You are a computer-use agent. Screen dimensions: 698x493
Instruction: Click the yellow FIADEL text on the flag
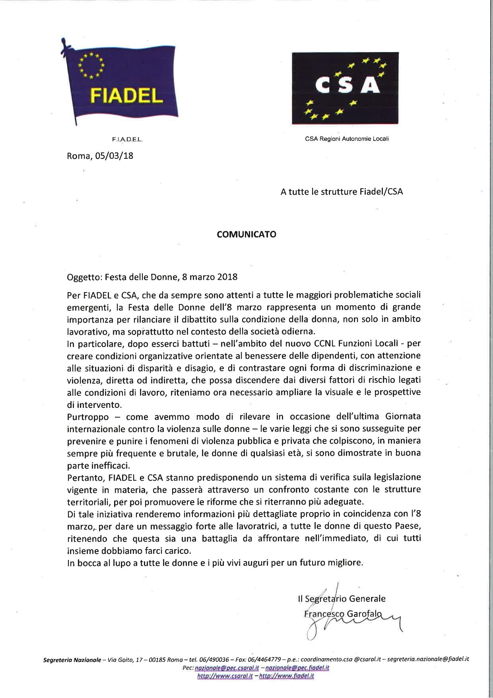click(x=127, y=95)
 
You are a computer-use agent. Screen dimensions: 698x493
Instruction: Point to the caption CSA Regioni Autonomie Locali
click(x=347, y=139)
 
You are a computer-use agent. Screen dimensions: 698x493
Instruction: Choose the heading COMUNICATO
click(x=246, y=234)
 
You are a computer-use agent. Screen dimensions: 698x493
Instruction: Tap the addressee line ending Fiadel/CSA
click(x=342, y=192)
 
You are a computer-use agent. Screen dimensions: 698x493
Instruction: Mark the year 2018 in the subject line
click(x=228, y=276)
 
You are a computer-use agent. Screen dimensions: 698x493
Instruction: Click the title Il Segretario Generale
click(x=342, y=599)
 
